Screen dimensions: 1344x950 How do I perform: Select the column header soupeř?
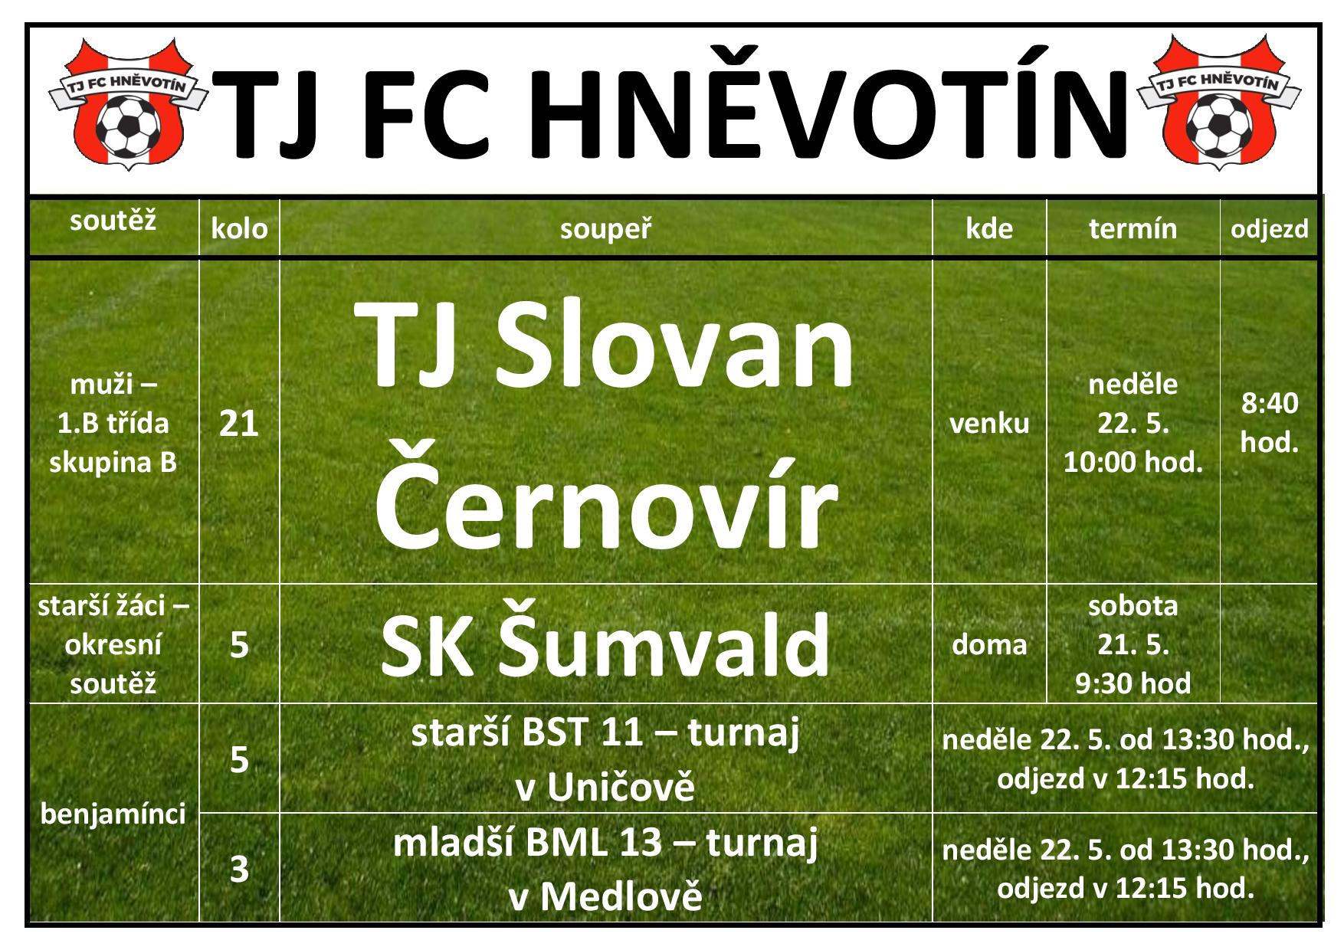pyautogui.click(x=605, y=228)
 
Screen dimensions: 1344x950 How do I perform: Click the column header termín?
pyautogui.click(x=1133, y=228)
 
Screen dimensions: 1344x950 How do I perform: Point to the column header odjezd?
pyautogui.click(x=1269, y=229)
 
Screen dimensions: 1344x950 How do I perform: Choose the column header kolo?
pyautogui.click(x=239, y=228)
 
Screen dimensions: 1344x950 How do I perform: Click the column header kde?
pyautogui.click(x=989, y=228)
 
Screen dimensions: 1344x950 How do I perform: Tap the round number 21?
pyautogui.click(x=239, y=423)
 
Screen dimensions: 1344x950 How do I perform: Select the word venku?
pyautogui.click(x=989, y=424)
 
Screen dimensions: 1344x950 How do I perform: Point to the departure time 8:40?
pyautogui.click(x=1270, y=403)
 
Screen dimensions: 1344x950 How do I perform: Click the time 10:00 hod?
pyautogui.click(x=1133, y=462)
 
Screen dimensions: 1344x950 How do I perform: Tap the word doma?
pyautogui.click(x=989, y=644)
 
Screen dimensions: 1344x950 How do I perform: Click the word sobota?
pyautogui.click(x=1133, y=605)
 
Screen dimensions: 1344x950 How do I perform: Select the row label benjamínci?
pyautogui.click(x=113, y=814)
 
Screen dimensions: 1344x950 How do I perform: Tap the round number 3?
pyautogui.click(x=240, y=870)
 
